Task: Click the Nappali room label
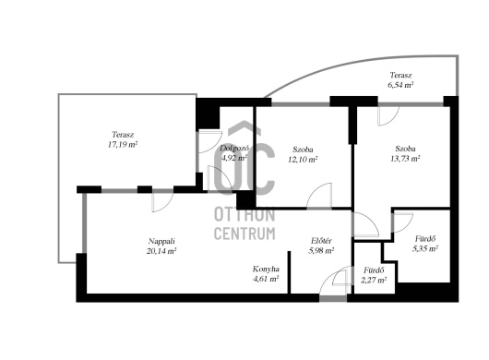[x=161, y=241]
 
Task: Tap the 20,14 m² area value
[x=161, y=251]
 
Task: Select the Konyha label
[x=266, y=269]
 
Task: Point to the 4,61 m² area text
[x=266, y=279]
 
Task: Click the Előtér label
[x=321, y=241]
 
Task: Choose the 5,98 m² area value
[x=321, y=250]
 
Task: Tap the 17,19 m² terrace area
[x=123, y=144]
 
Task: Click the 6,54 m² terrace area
[x=400, y=85]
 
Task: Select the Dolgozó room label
[x=234, y=148]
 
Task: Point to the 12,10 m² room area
[x=303, y=160]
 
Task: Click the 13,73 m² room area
[x=405, y=159]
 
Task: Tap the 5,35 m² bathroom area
[x=425, y=248]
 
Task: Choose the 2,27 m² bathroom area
[x=374, y=280]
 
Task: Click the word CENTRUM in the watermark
[x=244, y=234]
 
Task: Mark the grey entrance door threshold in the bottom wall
[x=333, y=298]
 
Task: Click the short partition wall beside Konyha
[x=289, y=272]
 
